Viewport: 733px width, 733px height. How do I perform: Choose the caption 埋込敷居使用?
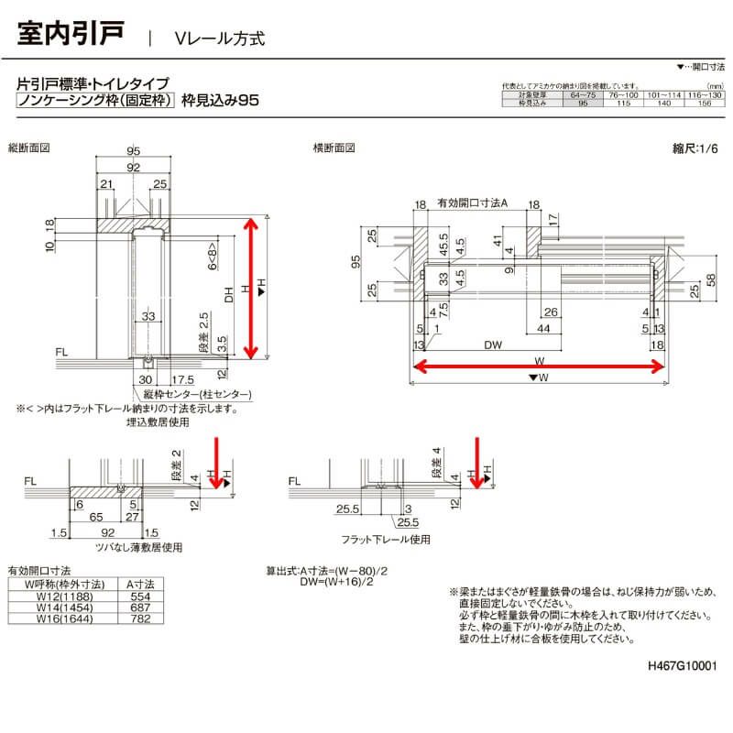158,422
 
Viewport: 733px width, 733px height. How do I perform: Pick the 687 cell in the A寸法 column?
140,607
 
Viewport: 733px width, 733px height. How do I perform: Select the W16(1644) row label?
58,618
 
